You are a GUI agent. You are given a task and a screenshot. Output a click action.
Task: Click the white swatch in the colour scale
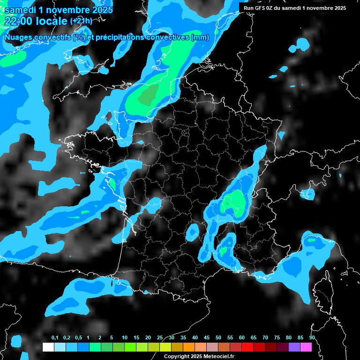pyautogui.click(x=48, y=347)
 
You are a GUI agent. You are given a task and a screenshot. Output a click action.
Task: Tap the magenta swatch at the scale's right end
pyautogui.click(x=306, y=347)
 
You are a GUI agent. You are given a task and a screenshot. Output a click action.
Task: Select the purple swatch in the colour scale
pyautogui.click(x=294, y=347)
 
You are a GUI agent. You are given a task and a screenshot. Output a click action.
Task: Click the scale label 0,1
pyautogui.click(x=55, y=338)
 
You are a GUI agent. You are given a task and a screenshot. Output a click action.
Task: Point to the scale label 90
pyautogui.click(x=312, y=338)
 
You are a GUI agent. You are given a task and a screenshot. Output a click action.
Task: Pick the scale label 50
pyautogui.click(x=218, y=338)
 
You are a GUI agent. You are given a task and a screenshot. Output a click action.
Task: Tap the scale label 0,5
pyautogui.click(x=78, y=338)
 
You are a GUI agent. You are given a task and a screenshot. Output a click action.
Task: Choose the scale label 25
pyautogui.click(x=160, y=338)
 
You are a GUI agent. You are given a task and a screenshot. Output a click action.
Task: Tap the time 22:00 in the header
pyautogui.click(x=18, y=21)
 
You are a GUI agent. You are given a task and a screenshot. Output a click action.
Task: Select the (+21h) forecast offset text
pyautogui.click(x=81, y=21)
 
